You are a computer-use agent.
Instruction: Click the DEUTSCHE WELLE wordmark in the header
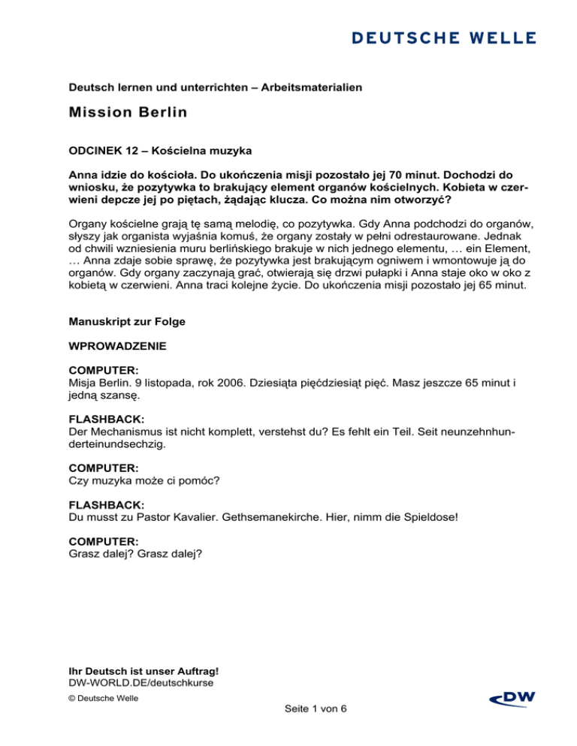441,37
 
